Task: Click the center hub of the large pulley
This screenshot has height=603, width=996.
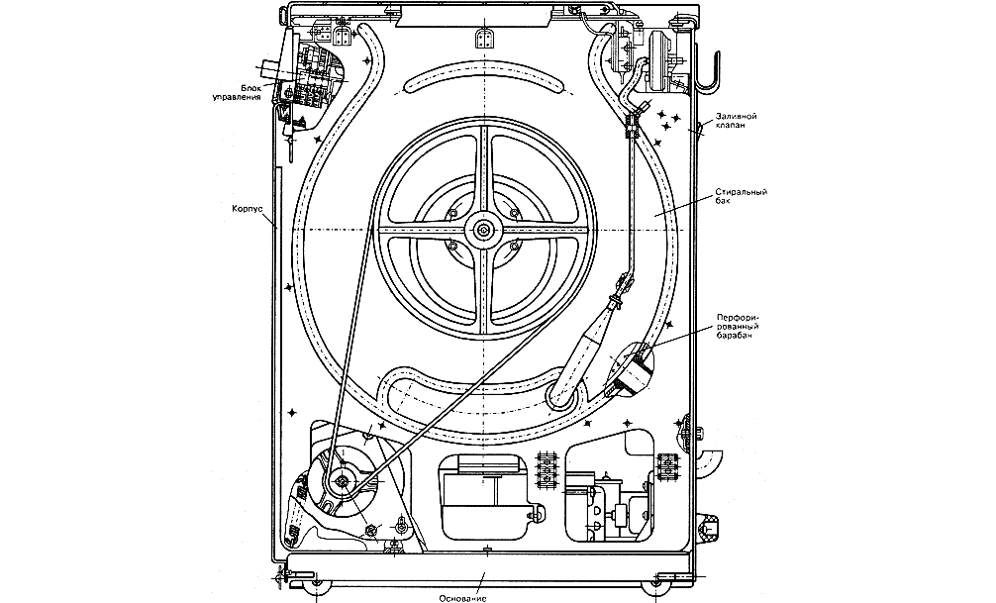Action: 483,231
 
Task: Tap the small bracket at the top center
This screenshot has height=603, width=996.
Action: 483,38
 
